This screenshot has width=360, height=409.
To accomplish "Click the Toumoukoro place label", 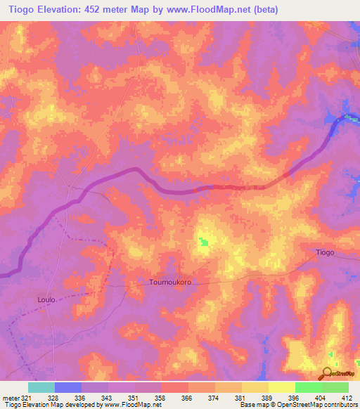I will [x=170, y=282].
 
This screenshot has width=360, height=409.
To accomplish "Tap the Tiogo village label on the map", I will [x=325, y=252].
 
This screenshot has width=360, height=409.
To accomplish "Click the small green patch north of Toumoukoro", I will [x=203, y=242].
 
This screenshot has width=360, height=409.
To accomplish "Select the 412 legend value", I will [x=347, y=398].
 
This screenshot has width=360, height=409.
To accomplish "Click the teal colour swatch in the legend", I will [x=41, y=387].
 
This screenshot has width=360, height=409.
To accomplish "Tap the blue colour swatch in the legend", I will [x=68, y=387].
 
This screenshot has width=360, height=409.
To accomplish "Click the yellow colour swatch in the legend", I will [x=281, y=387].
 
